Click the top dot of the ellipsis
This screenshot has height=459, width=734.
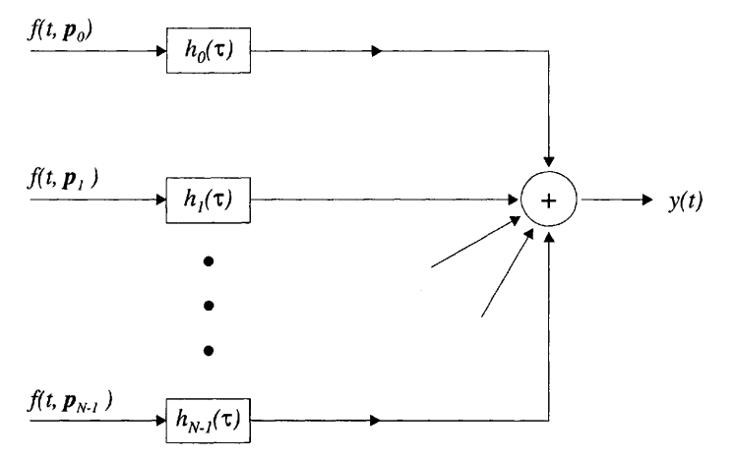pyautogui.click(x=208, y=262)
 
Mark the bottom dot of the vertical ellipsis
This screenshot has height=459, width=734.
pyautogui.click(x=208, y=350)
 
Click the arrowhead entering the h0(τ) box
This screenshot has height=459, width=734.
pyautogui.click(x=156, y=52)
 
